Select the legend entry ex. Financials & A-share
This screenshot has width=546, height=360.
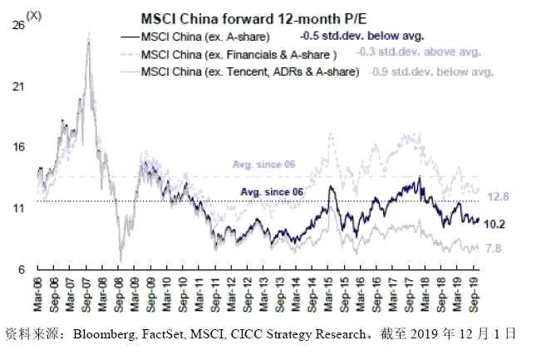pyautogui.click(x=239, y=54)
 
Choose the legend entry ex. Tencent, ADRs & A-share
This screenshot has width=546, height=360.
pyautogui.click(x=250, y=72)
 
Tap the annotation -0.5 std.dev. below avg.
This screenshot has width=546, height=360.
pyautogui.click(x=362, y=37)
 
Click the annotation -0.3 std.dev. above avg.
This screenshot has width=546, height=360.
pyautogui.click(x=419, y=52)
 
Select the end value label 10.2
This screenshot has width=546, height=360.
pyautogui.click(x=495, y=224)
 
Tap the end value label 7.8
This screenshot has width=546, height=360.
pyautogui.click(x=494, y=249)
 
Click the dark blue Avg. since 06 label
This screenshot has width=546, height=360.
pyautogui.click(x=271, y=192)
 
